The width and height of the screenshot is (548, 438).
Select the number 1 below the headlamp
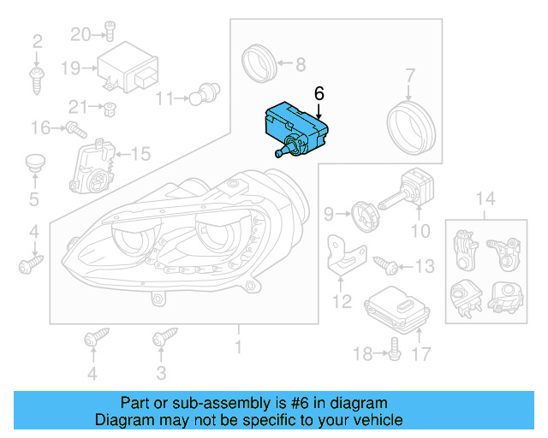(238, 346)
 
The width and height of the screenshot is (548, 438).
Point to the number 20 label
(80, 34)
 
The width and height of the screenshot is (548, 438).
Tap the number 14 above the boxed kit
(485, 200)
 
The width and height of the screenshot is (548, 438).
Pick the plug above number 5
(34, 163)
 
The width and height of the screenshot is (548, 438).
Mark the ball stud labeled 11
(207, 90)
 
